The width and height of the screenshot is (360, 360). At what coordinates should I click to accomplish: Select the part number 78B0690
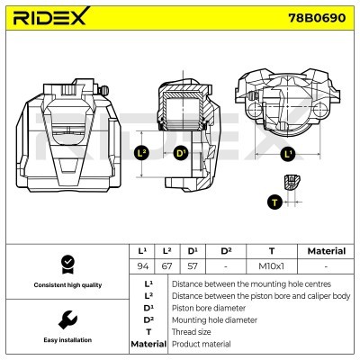[x=317, y=18]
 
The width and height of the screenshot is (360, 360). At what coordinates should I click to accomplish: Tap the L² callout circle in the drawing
[x=141, y=154]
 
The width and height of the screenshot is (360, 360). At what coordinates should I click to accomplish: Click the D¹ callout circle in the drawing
[x=181, y=154]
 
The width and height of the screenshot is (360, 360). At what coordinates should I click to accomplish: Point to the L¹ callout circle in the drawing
[x=287, y=155]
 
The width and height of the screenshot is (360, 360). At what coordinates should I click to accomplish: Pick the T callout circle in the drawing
[x=274, y=202]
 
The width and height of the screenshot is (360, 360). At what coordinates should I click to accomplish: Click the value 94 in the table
[x=143, y=266]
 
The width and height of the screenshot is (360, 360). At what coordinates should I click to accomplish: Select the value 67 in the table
[x=166, y=266]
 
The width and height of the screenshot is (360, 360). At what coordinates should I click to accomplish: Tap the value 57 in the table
[x=193, y=266]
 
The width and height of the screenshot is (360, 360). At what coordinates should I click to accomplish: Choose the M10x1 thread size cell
[x=271, y=266]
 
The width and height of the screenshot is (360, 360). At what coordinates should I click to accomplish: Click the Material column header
[x=327, y=251]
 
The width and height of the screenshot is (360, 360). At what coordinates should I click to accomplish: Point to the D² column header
[x=226, y=251]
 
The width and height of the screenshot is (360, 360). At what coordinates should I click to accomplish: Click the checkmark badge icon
[x=67, y=265]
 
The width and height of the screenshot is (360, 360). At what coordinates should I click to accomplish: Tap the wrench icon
[x=67, y=319]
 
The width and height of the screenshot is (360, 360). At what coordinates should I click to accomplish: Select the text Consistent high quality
[x=67, y=285]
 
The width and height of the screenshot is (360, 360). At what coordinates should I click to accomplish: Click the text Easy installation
[x=67, y=340]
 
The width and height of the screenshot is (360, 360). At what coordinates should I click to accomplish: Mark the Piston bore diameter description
[x=209, y=308]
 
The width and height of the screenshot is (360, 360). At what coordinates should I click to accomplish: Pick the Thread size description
[x=191, y=332]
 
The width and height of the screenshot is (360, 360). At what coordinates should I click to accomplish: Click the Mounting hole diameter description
[x=214, y=320]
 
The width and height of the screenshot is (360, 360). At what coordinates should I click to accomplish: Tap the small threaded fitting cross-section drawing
[x=292, y=182]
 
